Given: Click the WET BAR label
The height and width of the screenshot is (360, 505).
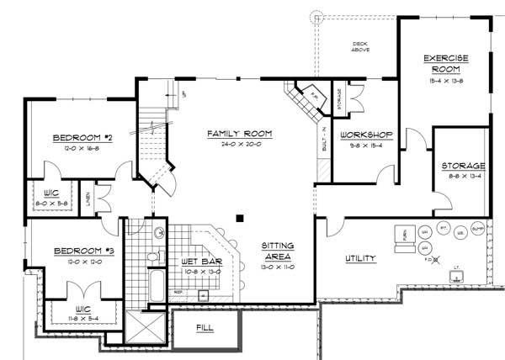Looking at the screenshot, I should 201,261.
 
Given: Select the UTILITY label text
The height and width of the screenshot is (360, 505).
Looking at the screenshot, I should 360,258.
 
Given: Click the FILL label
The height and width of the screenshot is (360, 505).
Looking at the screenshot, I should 204,326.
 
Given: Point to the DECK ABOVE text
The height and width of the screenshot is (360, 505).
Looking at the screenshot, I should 360,47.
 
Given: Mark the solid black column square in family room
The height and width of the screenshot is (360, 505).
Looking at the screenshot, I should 240,219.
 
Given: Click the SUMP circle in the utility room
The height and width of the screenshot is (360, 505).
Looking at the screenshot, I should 477,228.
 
